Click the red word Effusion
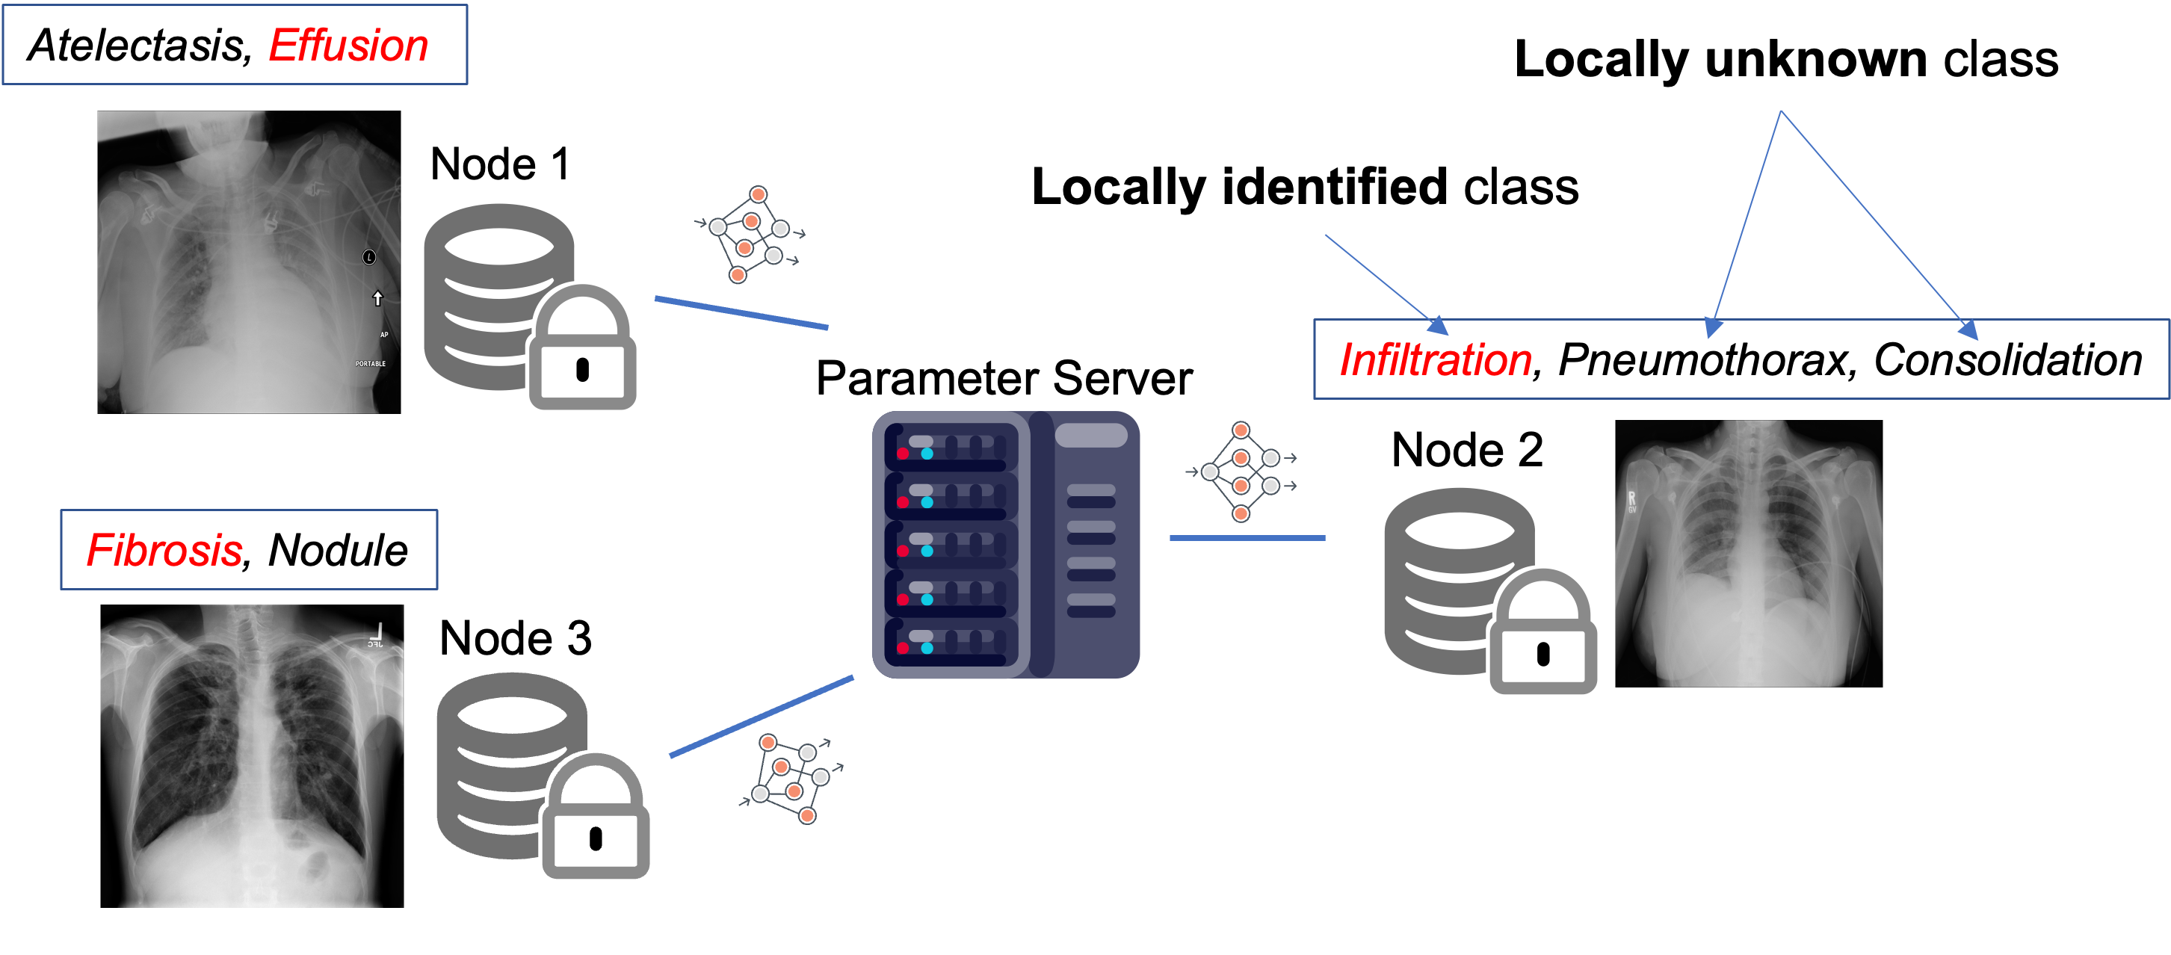[348, 46]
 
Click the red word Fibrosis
[164, 551]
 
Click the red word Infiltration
[1436, 360]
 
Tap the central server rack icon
[1005, 545]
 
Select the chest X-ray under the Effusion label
[249, 262]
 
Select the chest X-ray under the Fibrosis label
[251, 755]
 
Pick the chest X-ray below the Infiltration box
[1748, 553]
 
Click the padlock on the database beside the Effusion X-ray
[581, 350]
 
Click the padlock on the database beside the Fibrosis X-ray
[595, 818]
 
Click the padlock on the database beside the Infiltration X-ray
[1542, 634]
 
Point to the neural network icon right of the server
[1241, 472]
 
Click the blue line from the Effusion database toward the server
[741, 312]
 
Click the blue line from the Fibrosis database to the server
[761, 717]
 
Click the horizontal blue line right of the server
[1247, 538]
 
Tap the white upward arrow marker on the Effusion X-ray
[377, 298]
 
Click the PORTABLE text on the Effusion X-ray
[370, 364]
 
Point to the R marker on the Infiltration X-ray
[1631, 499]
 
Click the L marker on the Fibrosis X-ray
[378, 631]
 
